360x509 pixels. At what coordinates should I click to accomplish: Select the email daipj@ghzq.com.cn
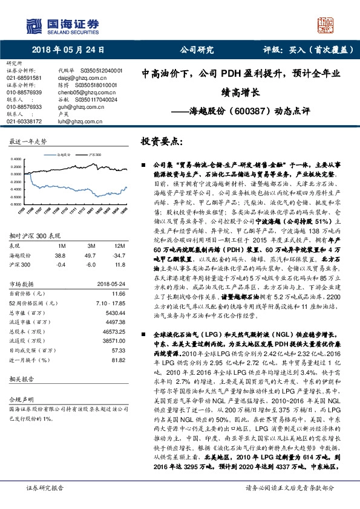point(75,78)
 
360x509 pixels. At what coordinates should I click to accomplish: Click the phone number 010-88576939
point(24,91)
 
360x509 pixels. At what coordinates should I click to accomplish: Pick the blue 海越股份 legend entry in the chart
point(65,155)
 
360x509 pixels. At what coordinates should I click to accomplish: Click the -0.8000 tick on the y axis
point(17,187)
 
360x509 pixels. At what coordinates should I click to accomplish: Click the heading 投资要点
point(162,140)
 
